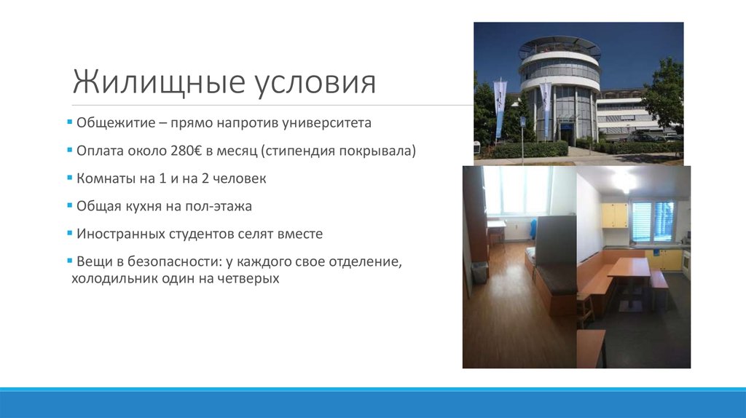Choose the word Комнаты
coord(103,178)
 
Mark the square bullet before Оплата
coord(70,151)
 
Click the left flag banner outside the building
coord(500,108)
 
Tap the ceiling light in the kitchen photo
coord(624,180)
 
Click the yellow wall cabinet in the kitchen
coord(615,215)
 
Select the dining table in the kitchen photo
coord(629,269)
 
